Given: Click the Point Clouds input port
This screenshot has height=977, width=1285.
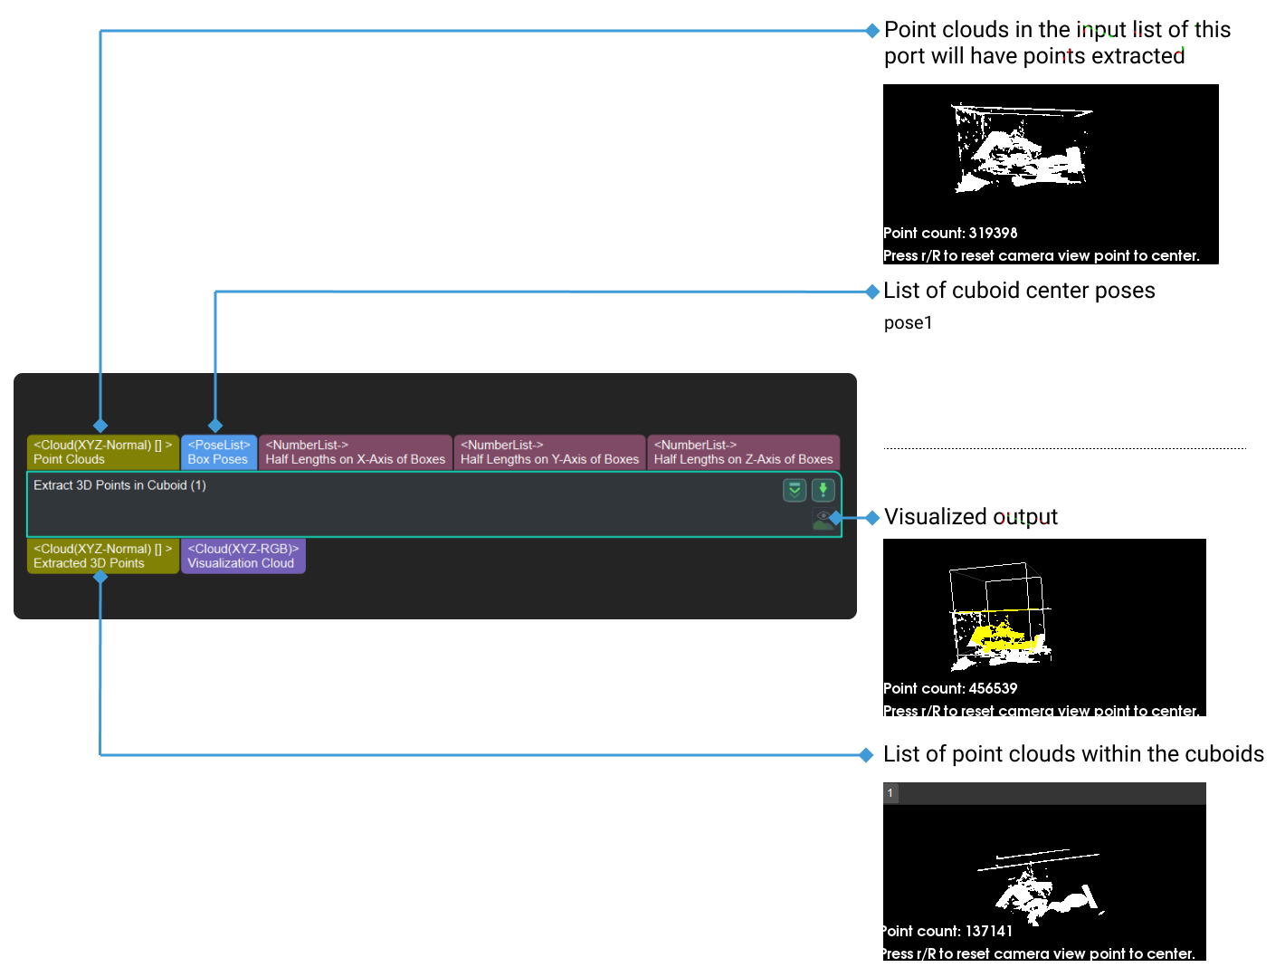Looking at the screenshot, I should pos(102,452).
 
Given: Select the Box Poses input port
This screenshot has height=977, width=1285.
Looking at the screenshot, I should pos(218,452).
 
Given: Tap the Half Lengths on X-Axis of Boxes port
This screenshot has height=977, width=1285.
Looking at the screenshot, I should pos(355,452).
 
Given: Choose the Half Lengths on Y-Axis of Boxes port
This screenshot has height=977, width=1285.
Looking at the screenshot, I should pos(549,452).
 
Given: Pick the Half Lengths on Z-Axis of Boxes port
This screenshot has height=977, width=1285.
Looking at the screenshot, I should pos(743,452).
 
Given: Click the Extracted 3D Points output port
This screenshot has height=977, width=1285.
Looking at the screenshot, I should pos(102,556).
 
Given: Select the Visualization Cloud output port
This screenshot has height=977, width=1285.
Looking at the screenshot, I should pos(242,556).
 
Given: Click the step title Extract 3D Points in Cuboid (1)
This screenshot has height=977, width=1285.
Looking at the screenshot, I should pos(119,485).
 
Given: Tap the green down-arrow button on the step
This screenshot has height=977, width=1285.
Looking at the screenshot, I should pos(823,490).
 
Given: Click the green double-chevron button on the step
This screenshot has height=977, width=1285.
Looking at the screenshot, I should pos(794,490).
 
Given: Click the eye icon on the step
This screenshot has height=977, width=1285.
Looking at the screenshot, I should pos(822,517).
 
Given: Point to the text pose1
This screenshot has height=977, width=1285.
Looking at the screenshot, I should pos(908,323).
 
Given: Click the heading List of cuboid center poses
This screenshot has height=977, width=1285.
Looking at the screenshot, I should pos(1019,291).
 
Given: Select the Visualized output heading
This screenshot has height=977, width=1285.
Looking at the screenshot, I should pos(970,517).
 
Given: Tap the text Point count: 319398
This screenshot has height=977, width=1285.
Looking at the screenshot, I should pos(950,234).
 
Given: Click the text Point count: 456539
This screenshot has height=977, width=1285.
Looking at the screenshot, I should pos(950,689).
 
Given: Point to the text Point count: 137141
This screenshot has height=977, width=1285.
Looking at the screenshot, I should pos(947,932).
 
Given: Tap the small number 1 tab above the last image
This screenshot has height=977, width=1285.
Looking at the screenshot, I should pos(890,793).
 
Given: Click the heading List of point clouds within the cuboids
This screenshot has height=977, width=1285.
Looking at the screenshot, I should pos(1073,754).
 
